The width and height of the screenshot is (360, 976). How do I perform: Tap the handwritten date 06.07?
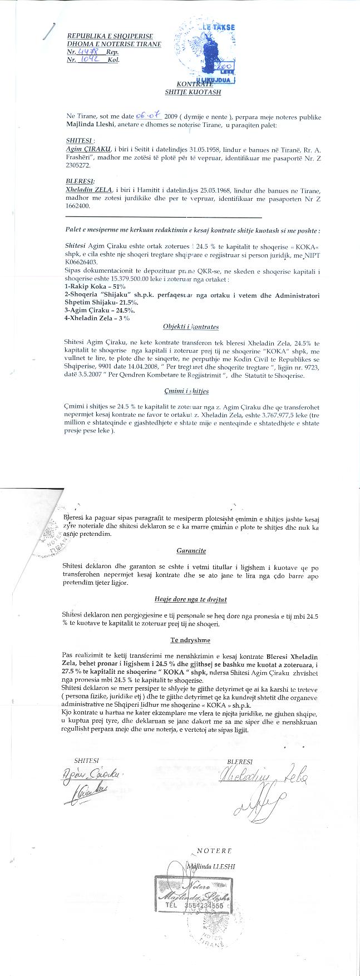tap(148, 116)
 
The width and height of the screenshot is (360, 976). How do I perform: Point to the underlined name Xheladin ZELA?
tap(89, 190)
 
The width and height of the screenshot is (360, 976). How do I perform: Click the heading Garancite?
tap(191, 550)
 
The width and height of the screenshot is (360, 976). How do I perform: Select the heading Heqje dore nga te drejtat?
tap(190, 599)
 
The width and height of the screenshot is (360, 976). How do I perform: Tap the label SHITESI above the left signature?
tap(86, 760)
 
